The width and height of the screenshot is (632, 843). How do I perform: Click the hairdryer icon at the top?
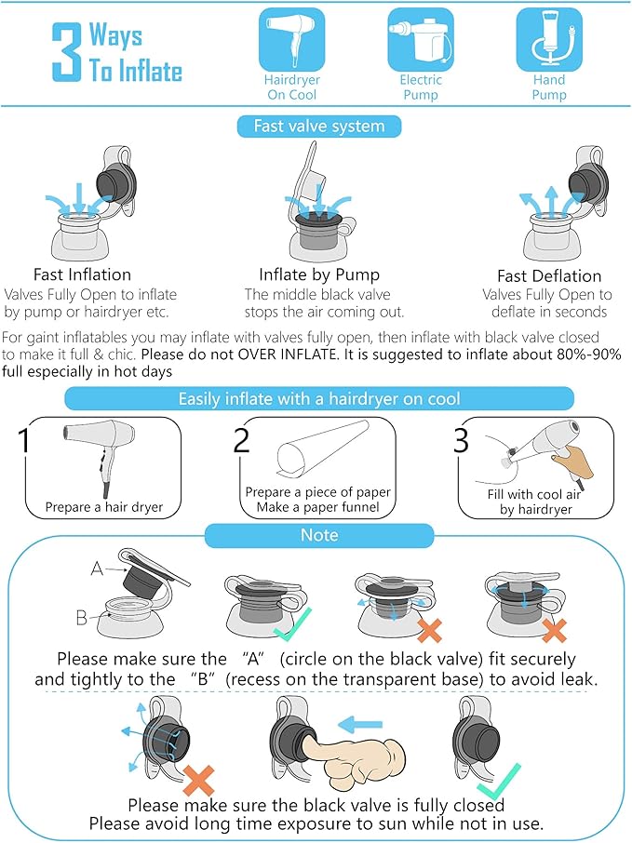point(291,39)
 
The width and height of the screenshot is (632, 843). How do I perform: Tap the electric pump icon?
point(421,39)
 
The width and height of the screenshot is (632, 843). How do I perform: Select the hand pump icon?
point(549,39)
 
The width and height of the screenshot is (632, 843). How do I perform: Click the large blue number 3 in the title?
point(67,52)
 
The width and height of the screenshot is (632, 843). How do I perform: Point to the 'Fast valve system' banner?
point(319,127)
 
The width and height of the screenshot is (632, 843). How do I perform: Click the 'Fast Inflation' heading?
point(82,274)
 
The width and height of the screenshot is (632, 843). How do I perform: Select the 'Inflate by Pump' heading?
point(319,274)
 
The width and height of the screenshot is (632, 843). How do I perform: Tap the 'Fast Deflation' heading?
point(549,275)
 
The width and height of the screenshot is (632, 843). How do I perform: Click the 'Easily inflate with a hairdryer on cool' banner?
point(319,399)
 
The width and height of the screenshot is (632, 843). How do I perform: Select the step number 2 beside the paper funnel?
point(241,440)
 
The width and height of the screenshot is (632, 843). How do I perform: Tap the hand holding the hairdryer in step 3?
point(572,461)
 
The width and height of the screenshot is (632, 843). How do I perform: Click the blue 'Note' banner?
point(319,535)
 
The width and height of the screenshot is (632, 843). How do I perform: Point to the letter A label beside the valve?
point(97,569)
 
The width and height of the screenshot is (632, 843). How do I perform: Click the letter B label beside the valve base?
point(81,618)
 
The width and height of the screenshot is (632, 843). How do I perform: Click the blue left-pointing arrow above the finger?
point(360,724)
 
